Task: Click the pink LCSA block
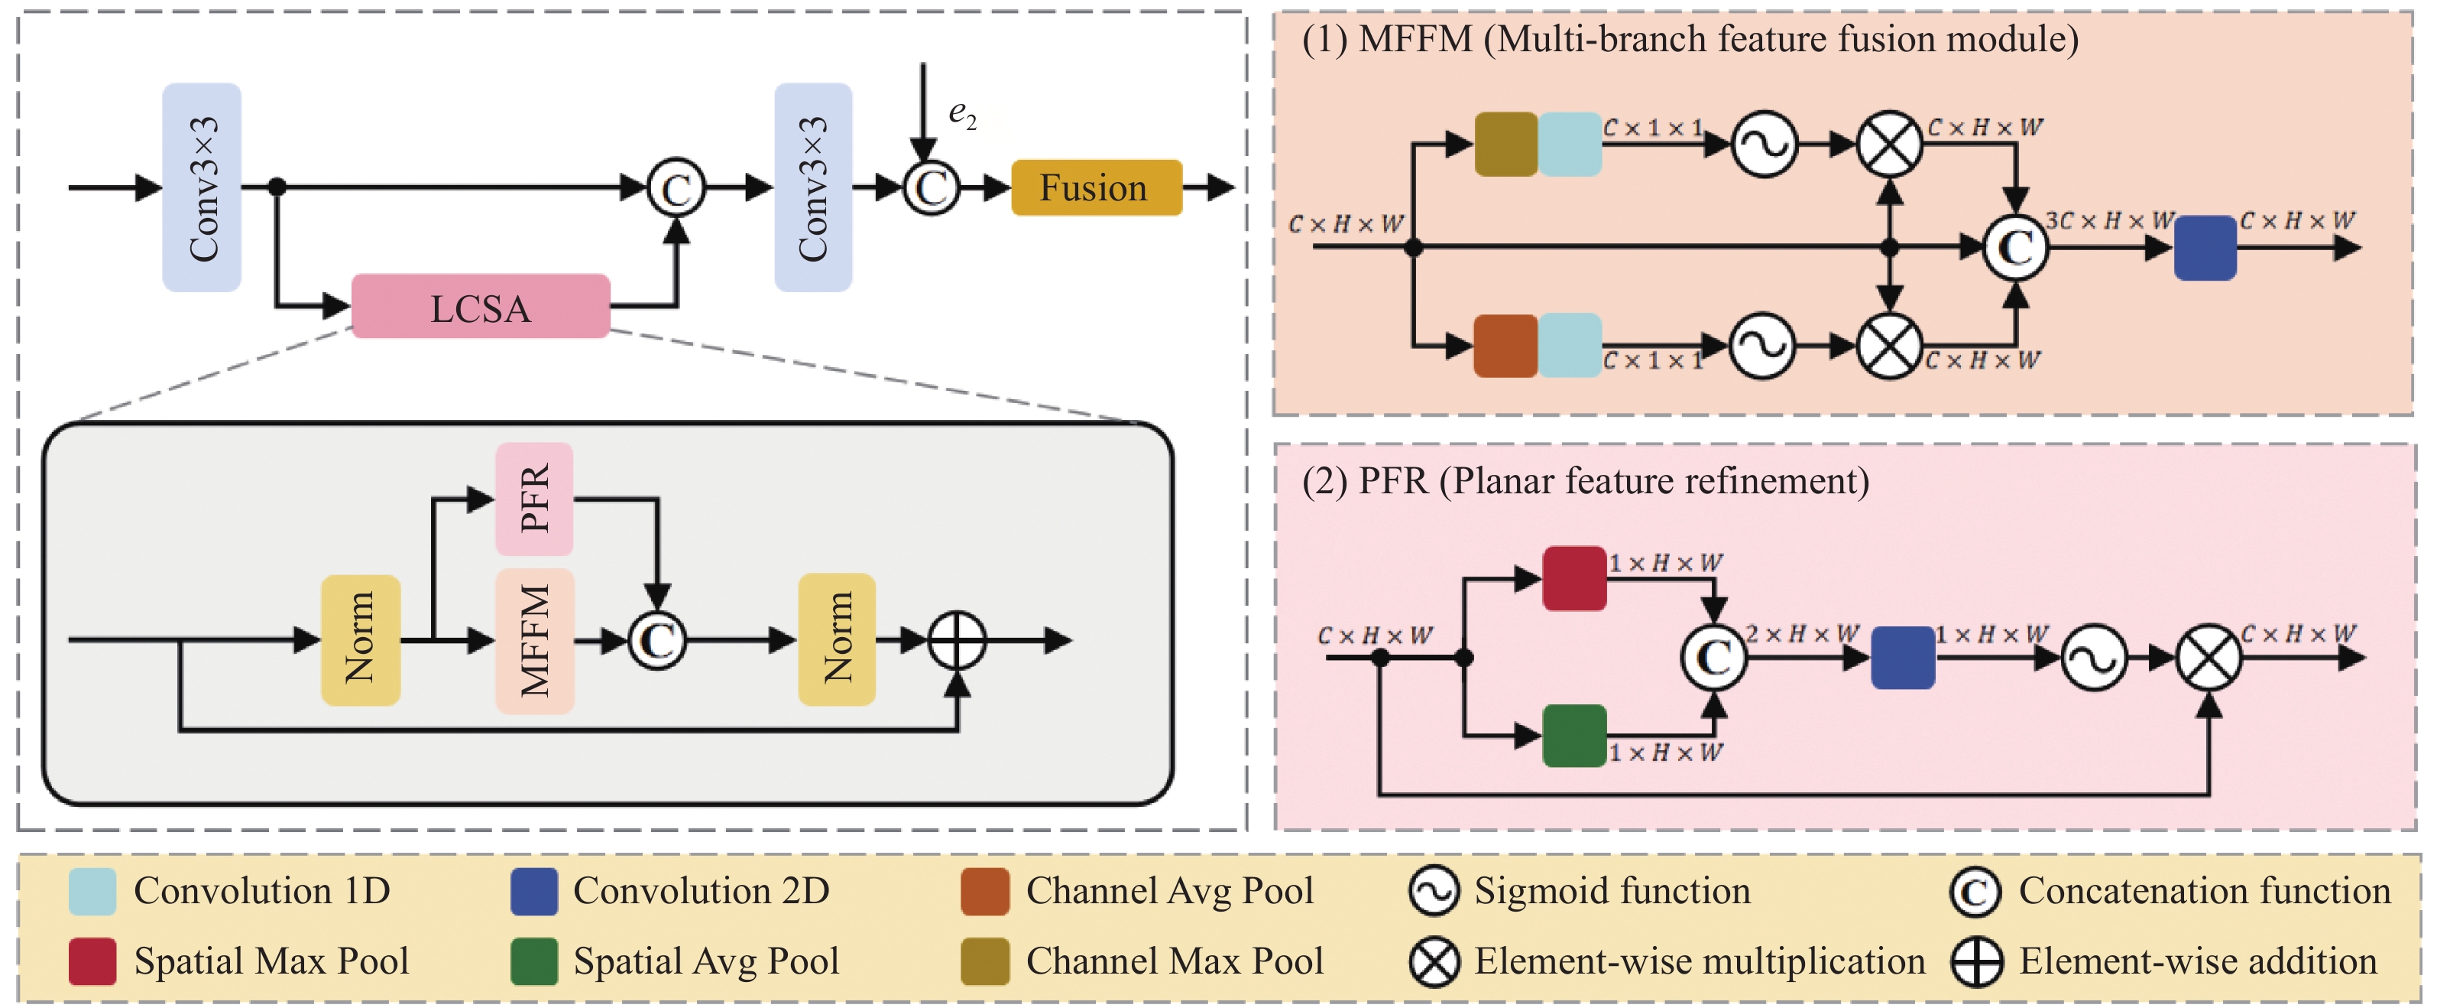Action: [x=481, y=307]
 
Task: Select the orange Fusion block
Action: [x=1096, y=187]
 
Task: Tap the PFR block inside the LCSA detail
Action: [x=534, y=499]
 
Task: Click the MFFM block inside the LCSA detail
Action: [x=534, y=641]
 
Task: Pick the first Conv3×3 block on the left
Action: [x=202, y=187]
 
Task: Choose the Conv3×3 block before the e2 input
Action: [x=812, y=187]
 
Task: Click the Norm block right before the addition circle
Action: [x=836, y=640]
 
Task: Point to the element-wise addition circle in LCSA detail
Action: [x=958, y=641]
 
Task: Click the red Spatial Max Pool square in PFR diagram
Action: [x=1574, y=578]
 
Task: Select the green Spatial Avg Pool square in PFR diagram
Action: [x=1574, y=736]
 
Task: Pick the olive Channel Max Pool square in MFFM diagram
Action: [x=1506, y=144]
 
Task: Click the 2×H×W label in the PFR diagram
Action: [x=1801, y=633]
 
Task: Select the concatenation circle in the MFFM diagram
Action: [x=2016, y=248]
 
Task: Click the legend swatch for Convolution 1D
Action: [x=92, y=891]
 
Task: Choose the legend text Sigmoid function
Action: [x=1612, y=891]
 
